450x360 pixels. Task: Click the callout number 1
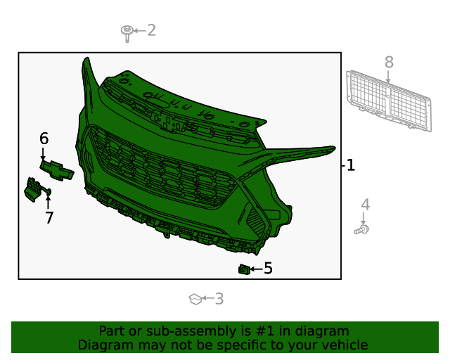click(x=351, y=166)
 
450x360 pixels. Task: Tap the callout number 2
click(x=151, y=30)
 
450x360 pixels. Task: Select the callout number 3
click(x=219, y=299)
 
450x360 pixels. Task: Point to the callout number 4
click(x=365, y=205)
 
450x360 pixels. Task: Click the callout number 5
click(x=268, y=268)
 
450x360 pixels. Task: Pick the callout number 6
click(x=44, y=139)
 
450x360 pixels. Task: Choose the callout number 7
click(x=49, y=218)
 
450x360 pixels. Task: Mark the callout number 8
click(x=389, y=62)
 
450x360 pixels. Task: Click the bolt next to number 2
click(x=127, y=32)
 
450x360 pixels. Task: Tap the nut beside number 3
click(x=195, y=300)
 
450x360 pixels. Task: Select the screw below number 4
click(x=362, y=229)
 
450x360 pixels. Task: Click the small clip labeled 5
click(x=244, y=269)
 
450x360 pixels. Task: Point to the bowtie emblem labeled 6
click(x=57, y=169)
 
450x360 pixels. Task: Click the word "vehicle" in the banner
click(x=344, y=345)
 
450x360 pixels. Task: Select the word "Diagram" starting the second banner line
click(x=103, y=345)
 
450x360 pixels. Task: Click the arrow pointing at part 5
click(x=256, y=269)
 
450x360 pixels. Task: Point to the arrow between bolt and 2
click(x=139, y=31)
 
